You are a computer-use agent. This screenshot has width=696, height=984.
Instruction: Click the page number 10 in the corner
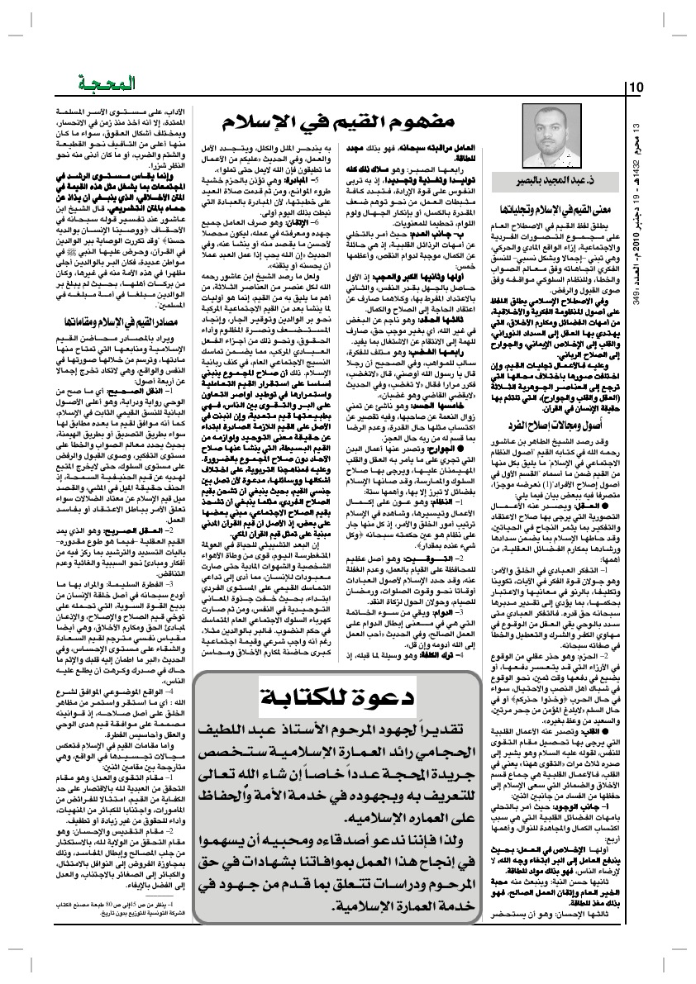pyautogui.click(x=636, y=88)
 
